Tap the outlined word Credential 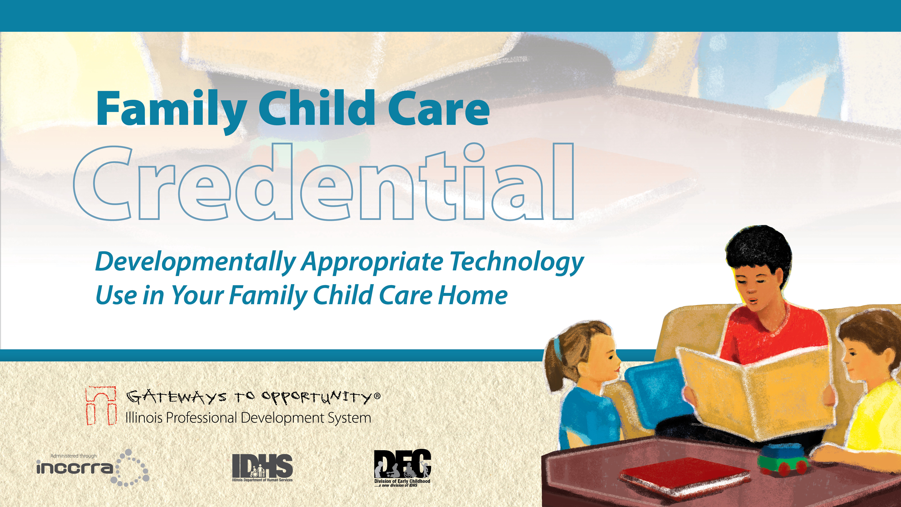323,182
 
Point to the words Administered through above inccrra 73,456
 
